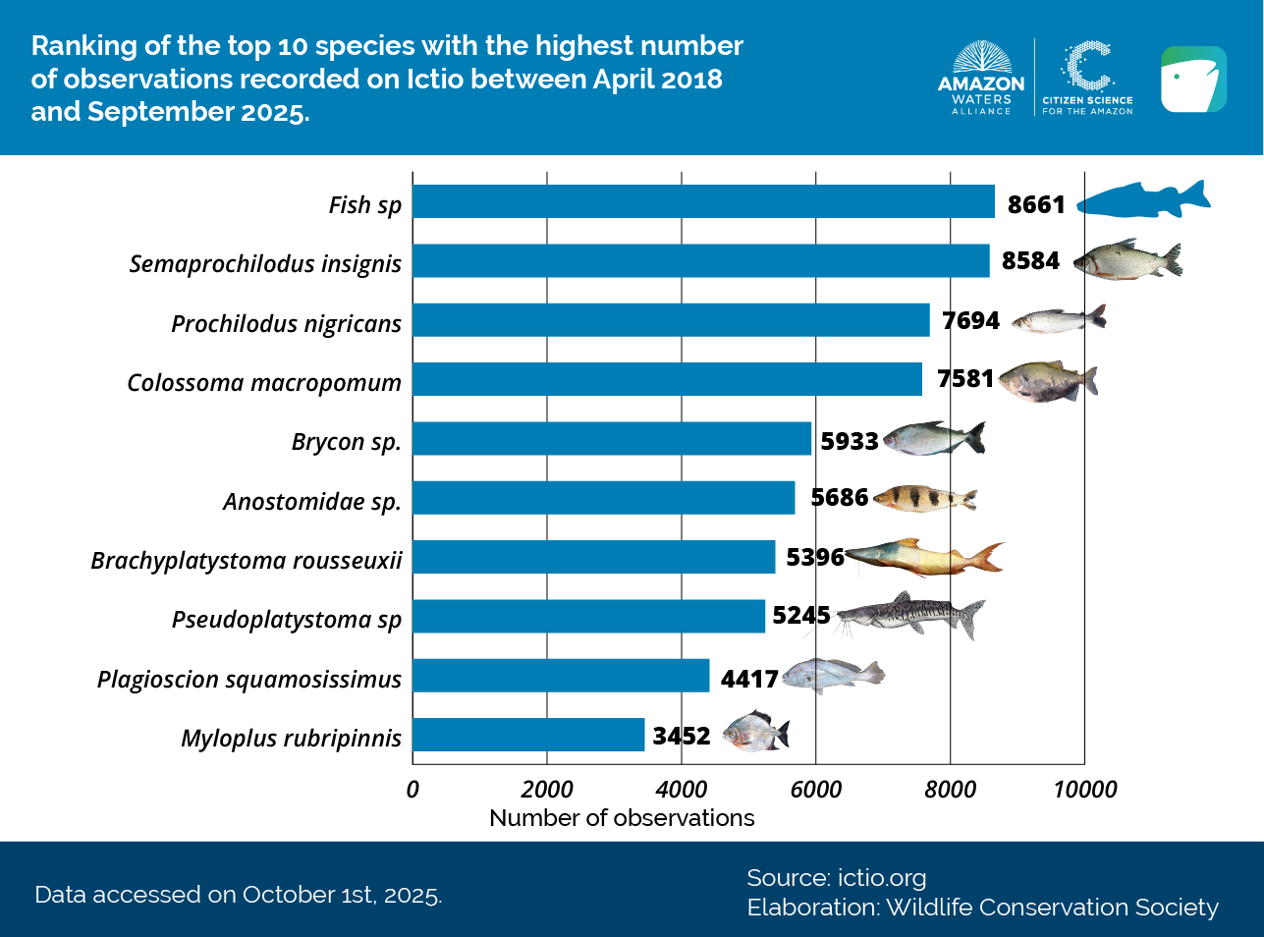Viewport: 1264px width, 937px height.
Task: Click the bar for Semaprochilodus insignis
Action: tap(701, 261)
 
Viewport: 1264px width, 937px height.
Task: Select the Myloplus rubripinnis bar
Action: tap(528, 736)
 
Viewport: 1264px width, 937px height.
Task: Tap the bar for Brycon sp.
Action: tap(612, 439)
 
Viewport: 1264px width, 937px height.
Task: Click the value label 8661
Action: tap(1036, 204)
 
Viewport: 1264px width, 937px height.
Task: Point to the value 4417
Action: tap(749, 679)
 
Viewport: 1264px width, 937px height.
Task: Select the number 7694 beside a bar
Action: tap(970, 321)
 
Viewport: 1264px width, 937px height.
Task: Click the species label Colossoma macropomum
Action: tap(264, 382)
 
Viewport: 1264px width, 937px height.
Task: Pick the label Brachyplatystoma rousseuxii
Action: tap(247, 560)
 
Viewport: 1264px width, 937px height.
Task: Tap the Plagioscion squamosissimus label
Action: tap(249, 679)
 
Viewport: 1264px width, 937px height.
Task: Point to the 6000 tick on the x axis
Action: tap(816, 790)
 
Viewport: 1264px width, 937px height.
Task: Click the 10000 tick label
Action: tap(1085, 790)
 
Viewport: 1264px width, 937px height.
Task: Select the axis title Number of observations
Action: tap(622, 818)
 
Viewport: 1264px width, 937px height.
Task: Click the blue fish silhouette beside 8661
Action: tap(1143, 199)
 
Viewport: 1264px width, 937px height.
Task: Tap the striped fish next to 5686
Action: tap(924, 499)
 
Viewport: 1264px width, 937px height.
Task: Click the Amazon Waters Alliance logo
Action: tap(980, 79)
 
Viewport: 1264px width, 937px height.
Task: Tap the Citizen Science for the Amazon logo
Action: tap(1087, 79)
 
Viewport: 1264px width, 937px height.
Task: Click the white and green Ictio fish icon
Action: tap(1193, 79)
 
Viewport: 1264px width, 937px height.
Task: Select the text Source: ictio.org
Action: tap(836, 878)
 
